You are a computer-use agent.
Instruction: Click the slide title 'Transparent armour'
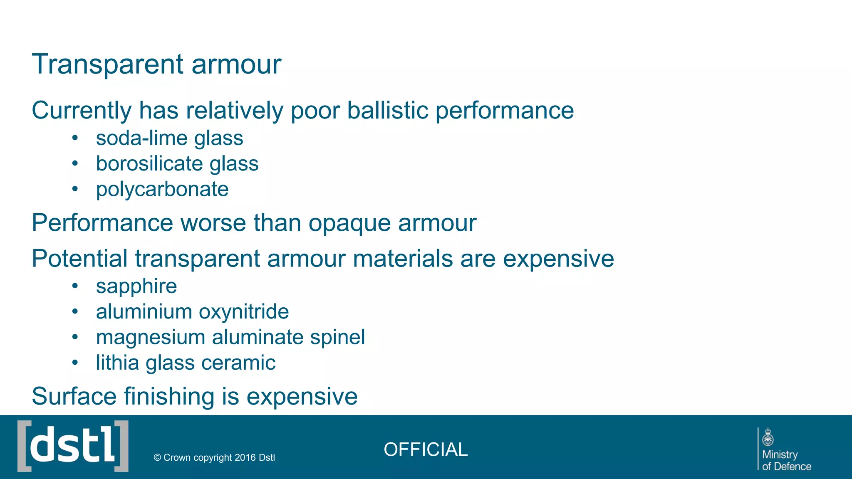tap(156, 64)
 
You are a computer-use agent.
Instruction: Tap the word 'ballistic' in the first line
tap(387, 111)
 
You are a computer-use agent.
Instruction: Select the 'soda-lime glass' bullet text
tap(169, 138)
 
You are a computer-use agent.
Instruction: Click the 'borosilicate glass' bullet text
tap(177, 164)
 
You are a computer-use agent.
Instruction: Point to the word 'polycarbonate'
tap(162, 190)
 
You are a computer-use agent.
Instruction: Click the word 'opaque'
tap(350, 224)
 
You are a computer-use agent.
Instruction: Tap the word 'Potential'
tap(79, 259)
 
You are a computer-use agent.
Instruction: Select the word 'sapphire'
tap(136, 286)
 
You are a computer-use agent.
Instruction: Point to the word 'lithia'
tap(117, 363)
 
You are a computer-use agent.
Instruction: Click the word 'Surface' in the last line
tap(74, 396)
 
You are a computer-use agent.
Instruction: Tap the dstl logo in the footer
tap(73, 446)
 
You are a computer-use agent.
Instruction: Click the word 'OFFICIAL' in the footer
tap(426, 449)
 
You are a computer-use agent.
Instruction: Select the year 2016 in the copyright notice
tap(245, 458)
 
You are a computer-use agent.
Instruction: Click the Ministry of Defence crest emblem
tap(768, 438)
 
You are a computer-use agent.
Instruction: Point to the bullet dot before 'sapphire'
tap(75, 286)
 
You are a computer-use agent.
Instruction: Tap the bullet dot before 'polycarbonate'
tap(75, 189)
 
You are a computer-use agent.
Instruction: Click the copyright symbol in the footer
tap(157, 458)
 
